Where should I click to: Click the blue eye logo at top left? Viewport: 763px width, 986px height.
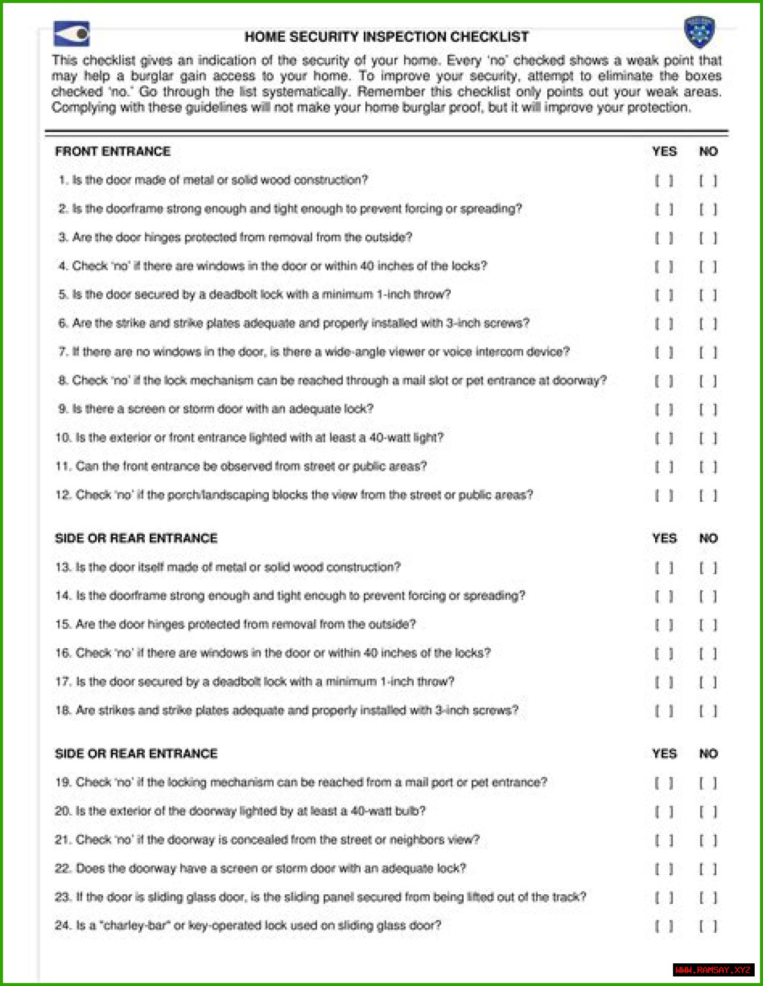pos(72,34)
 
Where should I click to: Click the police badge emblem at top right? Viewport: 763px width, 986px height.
pos(699,32)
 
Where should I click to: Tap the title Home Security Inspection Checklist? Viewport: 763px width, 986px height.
pos(386,37)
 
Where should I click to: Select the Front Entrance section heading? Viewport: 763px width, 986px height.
pos(113,151)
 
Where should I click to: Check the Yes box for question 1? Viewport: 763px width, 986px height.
pos(664,181)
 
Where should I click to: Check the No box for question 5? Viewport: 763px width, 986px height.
pos(708,295)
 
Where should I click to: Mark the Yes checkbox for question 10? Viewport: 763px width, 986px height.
pos(664,438)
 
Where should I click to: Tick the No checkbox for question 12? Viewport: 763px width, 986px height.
pos(708,496)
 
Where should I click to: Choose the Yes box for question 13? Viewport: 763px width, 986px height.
pos(664,568)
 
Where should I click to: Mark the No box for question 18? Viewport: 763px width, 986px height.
pos(708,711)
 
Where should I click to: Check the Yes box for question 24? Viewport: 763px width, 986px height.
pos(664,926)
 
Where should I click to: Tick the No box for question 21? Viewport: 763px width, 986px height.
pos(708,840)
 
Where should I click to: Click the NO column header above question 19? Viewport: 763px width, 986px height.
pos(708,754)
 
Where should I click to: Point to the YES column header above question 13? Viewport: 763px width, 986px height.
pos(664,539)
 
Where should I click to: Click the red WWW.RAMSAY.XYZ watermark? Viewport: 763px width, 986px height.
pos(713,970)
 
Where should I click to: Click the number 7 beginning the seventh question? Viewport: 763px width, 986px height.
pos(62,352)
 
